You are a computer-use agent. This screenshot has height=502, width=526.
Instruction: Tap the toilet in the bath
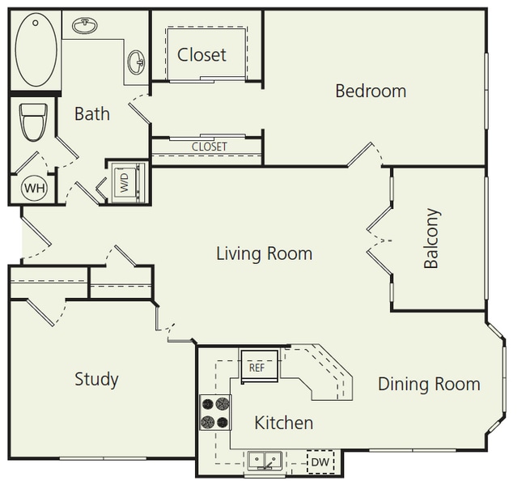(x=33, y=122)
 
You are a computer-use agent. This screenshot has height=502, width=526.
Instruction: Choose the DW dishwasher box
(x=320, y=462)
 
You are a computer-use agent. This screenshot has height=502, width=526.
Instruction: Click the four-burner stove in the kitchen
(x=215, y=411)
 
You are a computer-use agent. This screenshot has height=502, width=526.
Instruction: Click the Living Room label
(x=264, y=253)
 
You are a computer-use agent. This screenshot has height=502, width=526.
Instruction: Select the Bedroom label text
(x=371, y=91)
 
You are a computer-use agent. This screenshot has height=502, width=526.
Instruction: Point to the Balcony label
(x=431, y=239)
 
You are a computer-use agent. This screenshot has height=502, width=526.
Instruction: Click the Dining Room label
(x=429, y=384)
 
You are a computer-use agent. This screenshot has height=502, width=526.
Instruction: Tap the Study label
(x=96, y=379)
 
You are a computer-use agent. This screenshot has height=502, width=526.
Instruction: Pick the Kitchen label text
(x=283, y=423)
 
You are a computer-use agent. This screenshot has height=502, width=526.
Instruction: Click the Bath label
(x=91, y=113)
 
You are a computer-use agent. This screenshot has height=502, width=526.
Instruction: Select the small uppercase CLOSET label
(x=209, y=147)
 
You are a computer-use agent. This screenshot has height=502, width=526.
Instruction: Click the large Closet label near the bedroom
(x=201, y=55)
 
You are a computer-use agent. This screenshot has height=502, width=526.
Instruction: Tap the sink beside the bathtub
(x=83, y=26)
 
